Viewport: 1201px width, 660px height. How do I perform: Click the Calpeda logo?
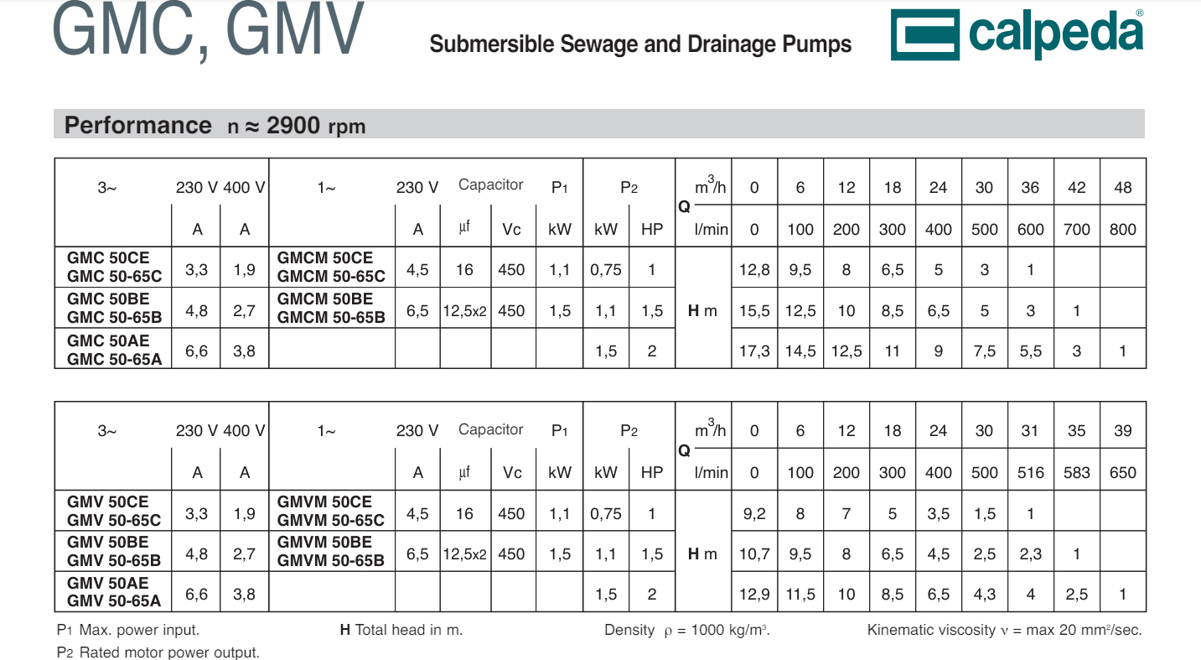(1017, 34)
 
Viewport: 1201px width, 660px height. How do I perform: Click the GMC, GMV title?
(208, 32)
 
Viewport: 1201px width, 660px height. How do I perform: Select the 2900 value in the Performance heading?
(292, 126)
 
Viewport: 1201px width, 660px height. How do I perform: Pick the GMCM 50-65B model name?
(331, 318)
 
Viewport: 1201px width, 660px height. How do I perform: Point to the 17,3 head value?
(754, 351)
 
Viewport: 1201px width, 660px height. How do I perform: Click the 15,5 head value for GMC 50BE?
(754, 311)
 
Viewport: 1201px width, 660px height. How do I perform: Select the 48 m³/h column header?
(1122, 188)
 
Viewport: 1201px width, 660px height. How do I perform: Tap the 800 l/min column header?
(1122, 229)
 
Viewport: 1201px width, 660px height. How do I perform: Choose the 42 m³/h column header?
(1076, 188)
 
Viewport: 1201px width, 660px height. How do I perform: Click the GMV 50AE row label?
(108, 583)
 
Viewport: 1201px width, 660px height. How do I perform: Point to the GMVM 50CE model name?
(324, 501)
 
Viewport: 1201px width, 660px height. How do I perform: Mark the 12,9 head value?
(754, 595)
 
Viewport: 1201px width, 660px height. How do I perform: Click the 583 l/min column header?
(1076, 473)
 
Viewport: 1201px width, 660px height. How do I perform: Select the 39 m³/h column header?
(1122, 431)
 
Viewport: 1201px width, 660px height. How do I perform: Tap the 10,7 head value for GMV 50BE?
(754, 554)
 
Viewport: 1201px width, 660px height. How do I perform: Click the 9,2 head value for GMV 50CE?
(754, 514)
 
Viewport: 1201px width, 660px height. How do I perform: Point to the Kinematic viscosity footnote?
(1004, 630)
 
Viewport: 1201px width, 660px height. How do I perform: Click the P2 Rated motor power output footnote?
(158, 652)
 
